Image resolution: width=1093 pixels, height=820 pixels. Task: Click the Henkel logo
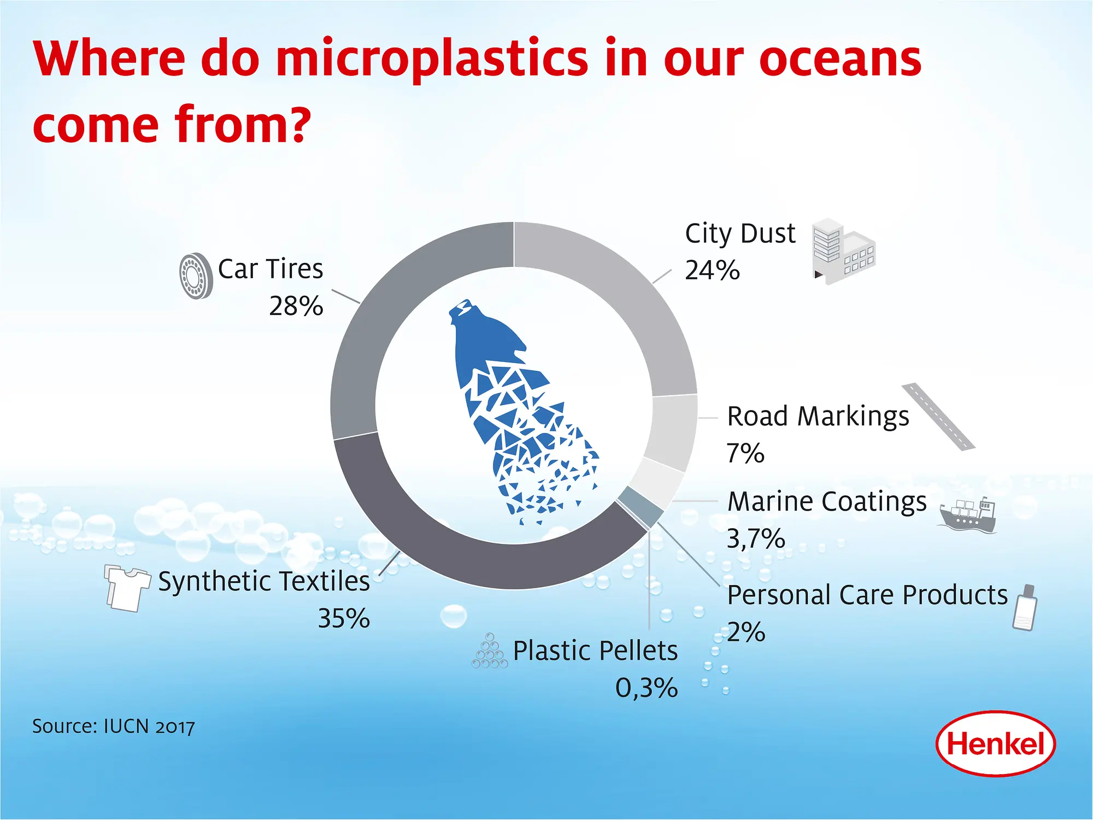click(x=995, y=743)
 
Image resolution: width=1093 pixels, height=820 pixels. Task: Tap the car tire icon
click(x=196, y=276)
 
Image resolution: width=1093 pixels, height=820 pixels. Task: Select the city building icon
click(x=843, y=252)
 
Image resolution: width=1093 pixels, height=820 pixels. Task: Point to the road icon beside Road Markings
click(x=938, y=417)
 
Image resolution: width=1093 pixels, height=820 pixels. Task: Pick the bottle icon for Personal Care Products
click(x=1025, y=607)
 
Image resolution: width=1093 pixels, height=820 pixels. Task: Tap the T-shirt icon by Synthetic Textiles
click(x=127, y=588)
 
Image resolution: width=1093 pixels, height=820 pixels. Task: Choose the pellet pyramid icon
click(x=490, y=652)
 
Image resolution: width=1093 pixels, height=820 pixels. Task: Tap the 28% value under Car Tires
click(x=296, y=306)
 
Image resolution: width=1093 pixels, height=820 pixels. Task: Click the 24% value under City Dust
click(x=712, y=271)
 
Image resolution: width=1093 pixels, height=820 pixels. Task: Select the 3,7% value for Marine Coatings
click(x=755, y=539)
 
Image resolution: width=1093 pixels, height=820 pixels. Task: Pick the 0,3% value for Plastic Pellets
click(x=646, y=688)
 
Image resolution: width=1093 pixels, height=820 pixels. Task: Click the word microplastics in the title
click(x=432, y=59)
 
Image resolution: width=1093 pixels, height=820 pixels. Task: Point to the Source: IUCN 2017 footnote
click(x=114, y=727)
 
